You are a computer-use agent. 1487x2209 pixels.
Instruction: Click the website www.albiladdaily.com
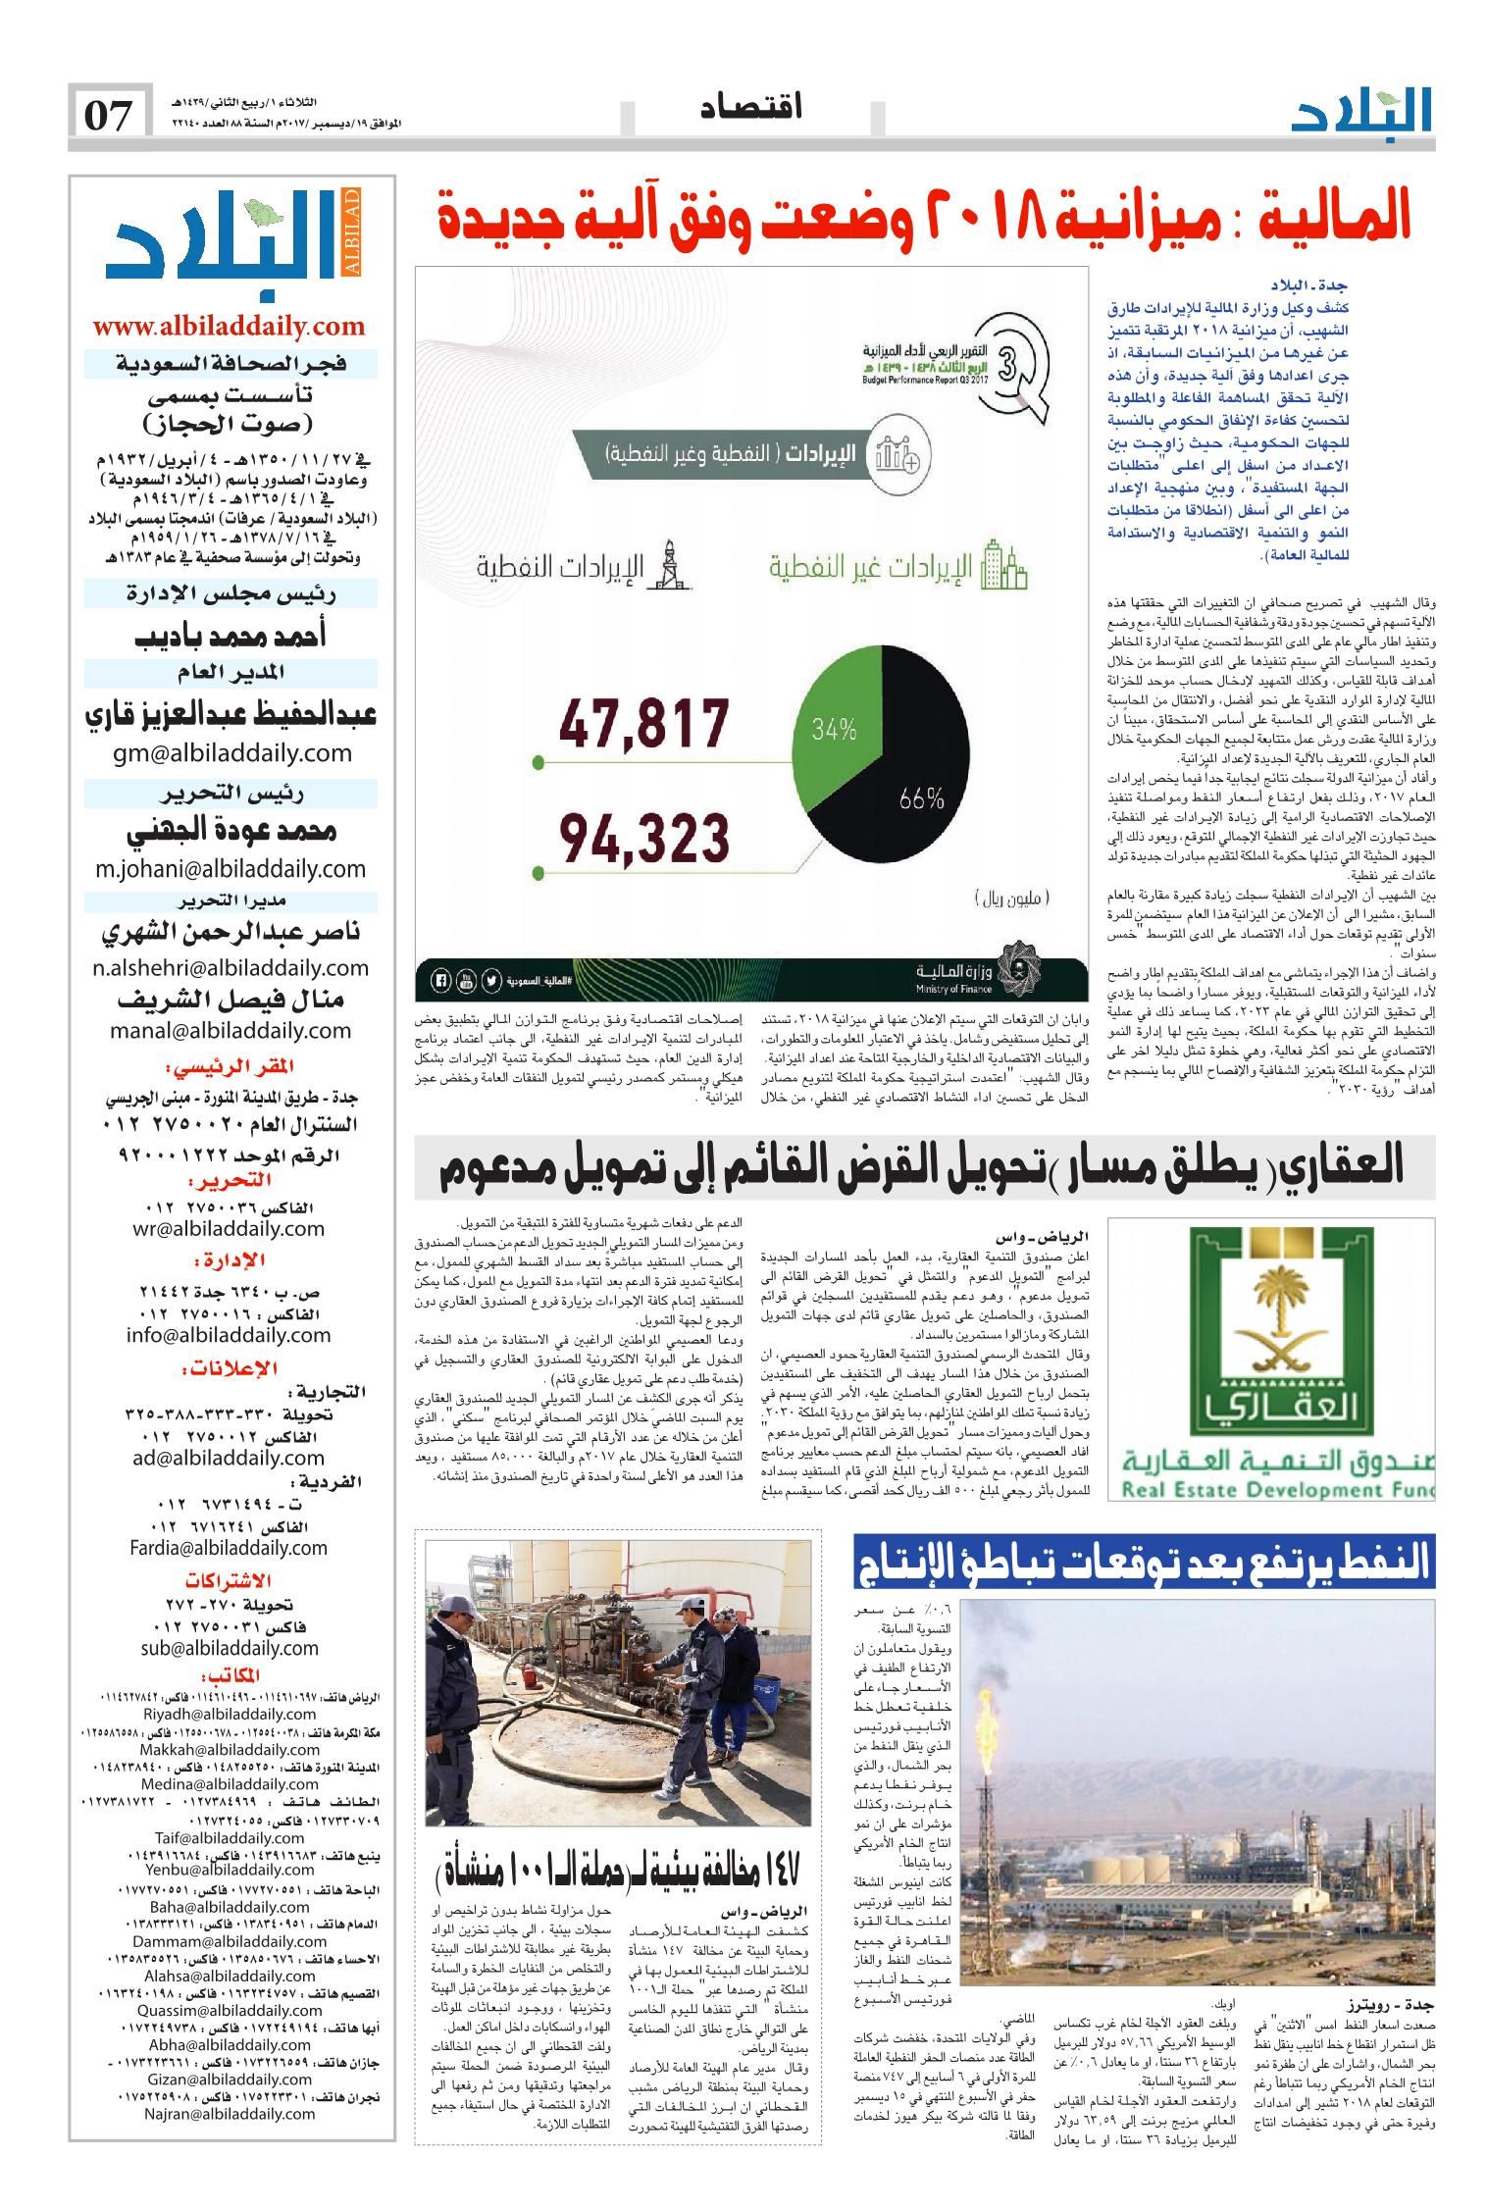tap(229, 327)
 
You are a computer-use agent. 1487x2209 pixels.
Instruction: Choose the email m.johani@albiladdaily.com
tap(231, 868)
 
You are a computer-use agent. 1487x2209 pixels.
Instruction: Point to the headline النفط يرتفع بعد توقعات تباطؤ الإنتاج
tap(1143, 1563)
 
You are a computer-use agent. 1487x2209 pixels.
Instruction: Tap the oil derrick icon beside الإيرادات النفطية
tap(670, 566)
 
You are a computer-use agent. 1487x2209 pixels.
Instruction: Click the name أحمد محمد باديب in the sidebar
tap(231, 637)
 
